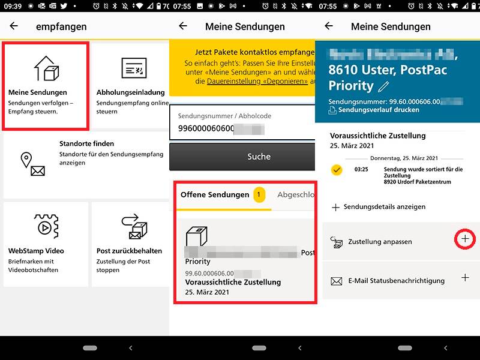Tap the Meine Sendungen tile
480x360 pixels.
[x=46, y=85]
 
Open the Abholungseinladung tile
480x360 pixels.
[x=130, y=85]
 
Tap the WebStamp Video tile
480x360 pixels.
[x=46, y=244]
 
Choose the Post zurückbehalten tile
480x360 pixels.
[x=130, y=244]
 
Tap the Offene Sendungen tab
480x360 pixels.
[x=214, y=195]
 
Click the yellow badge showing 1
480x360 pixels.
[x=259, y=195]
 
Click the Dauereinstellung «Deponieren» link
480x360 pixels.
[x=257, y=80]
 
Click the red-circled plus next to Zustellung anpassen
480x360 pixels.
[x=466, y=239]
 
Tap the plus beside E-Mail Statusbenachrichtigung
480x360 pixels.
[x=465, y=278]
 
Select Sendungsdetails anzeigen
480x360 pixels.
[x=379, y=207]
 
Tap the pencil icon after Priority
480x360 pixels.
[x=383, y=87]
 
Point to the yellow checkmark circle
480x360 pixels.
[x=337, y=170]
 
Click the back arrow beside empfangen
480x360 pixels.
[x=14, y=26]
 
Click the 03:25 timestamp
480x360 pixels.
[x=361, y=169]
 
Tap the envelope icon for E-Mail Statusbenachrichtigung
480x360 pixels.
[x=337, y=281]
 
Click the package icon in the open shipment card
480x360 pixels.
[x=196, y=235]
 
